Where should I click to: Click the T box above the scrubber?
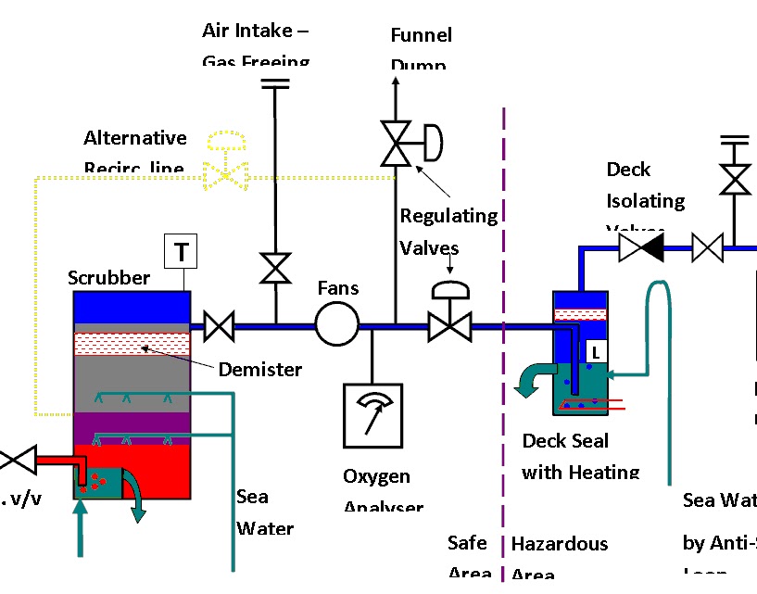click(182, 250)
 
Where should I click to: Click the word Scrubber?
click(108, 278)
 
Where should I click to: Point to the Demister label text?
click(260, 370)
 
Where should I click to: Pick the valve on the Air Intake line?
click(275, 269)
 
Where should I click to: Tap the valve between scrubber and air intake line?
click(220, 326)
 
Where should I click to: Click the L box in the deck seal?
click(596, 351)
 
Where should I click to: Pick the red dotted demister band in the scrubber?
click(132, 344)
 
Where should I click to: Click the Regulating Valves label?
click(448, 232)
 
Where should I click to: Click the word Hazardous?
click(560, 544)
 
